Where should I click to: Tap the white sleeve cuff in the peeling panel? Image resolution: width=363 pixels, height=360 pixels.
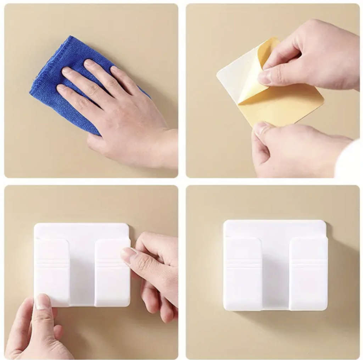[x=349, y=160]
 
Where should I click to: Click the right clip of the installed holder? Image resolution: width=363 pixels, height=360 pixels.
[x=308, y=273]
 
